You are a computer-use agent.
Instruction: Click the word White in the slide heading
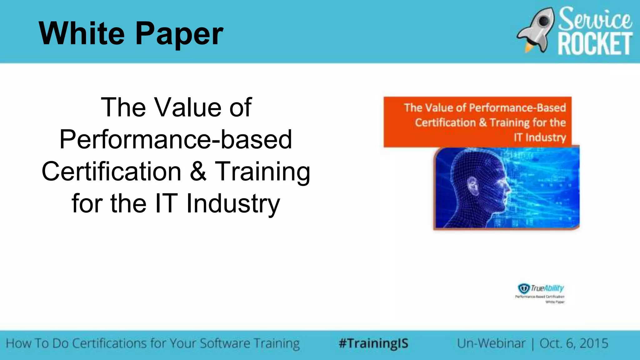pyautogui.click(x=82, y=33)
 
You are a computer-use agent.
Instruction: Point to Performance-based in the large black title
pyautogui.click(x=176, y=140)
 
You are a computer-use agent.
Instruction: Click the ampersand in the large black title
pyautogui.click(x=198, y=172)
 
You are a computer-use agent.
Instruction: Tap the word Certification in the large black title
pyautogui.click(x=112, y=172)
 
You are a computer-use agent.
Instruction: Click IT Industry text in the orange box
pyautogui.click(x=540, y=137)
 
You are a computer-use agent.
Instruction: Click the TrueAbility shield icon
pyautogui.click(x=524, y=288)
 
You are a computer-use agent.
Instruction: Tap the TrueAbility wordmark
pyautogui.click(x=547, y=288)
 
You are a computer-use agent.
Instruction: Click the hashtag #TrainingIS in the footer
pyautogui.click(x=373, y=343)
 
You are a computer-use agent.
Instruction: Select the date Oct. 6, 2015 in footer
pyautogui.click(x=574, y=343)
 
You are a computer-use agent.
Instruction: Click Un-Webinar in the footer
pyautogui.click(x=491, y=343)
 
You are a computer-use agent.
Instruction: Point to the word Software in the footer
pyautogui.click(x=225, y=343)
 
